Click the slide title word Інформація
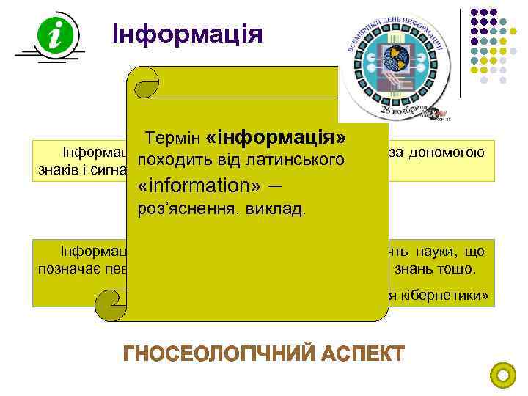point(188,34)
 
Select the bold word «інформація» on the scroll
point(277,136)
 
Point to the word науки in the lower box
point(461,251)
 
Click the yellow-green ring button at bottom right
point(502,375)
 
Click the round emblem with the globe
point(393,62)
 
